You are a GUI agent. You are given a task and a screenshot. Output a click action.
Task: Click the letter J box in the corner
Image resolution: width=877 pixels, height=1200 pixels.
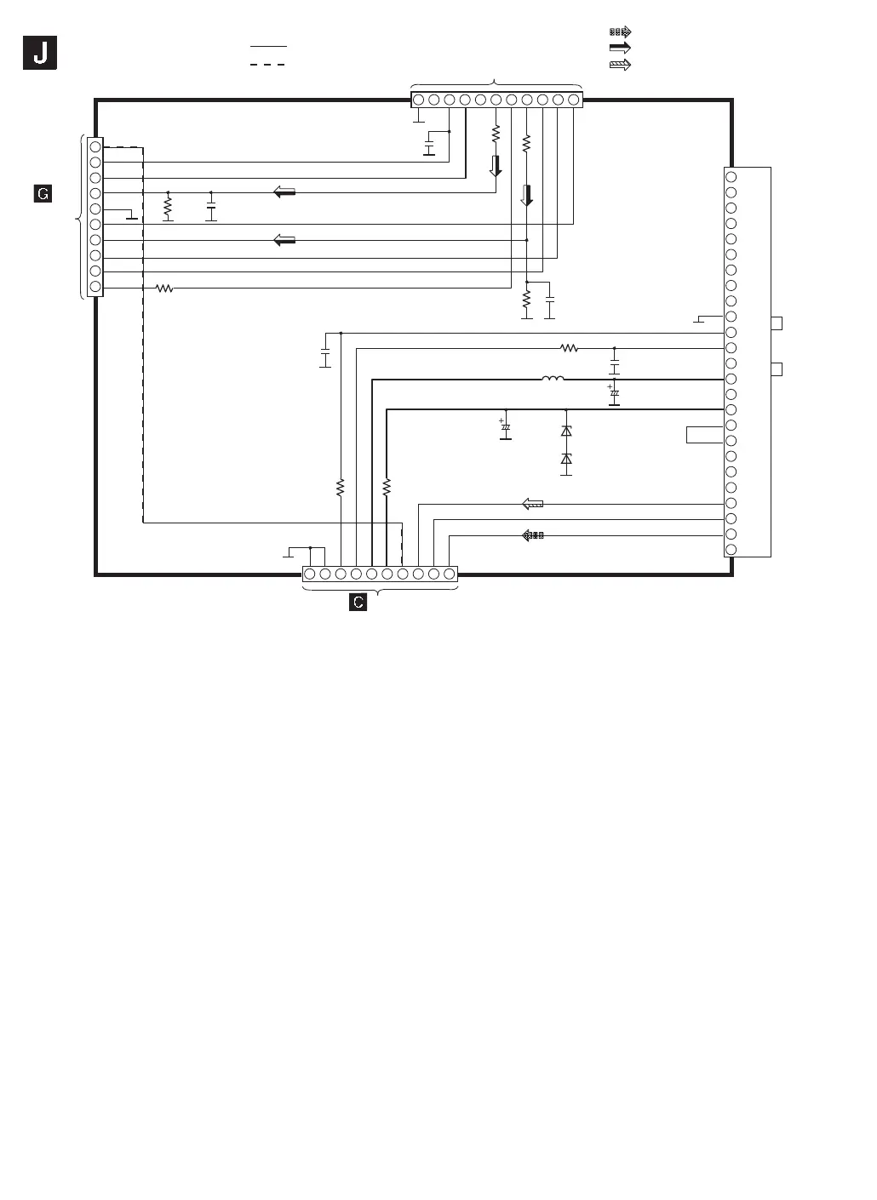tap(40, 54)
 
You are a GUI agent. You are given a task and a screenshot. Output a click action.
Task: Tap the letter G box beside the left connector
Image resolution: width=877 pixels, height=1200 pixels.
tap(42, 194)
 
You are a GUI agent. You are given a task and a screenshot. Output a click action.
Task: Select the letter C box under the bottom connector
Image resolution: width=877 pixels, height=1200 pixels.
tap(358, 602)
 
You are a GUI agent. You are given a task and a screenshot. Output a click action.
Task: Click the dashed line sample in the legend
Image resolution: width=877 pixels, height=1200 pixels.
tap(267, 65)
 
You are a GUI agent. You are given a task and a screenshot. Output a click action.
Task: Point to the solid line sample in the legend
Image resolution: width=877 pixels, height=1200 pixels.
tap(267, 46)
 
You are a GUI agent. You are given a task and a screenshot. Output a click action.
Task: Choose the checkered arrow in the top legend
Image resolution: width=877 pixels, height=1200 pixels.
tap(620, 31)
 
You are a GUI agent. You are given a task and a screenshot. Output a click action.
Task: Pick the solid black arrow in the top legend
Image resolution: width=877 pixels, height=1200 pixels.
tap(620, 48)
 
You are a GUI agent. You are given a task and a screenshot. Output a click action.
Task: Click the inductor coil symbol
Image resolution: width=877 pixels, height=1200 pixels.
tap(553, 379)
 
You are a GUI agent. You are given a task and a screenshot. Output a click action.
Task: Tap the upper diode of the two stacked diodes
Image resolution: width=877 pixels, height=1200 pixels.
tap(566, 431)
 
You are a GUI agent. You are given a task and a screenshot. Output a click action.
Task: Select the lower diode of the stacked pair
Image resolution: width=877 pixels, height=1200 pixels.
tap(566, 460)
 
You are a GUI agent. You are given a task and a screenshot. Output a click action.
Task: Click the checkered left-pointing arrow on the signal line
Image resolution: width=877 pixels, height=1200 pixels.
tap(532, 535)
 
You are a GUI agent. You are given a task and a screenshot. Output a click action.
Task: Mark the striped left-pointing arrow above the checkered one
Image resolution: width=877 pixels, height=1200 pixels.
tap(532, 504)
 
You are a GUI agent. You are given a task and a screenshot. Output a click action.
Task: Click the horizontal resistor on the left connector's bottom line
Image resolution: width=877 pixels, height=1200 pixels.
tap(164, 289)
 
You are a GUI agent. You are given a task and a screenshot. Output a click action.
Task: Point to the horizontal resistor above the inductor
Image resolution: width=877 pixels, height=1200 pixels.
tap(569, 348)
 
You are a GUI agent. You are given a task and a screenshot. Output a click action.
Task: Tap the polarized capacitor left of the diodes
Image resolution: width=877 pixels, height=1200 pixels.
tap(505, 429)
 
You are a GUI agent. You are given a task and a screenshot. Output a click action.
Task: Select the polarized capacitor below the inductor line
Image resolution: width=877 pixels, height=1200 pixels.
tap(614, 395)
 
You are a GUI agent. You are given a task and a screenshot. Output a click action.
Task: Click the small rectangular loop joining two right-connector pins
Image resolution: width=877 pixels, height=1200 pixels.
tap(704, 434)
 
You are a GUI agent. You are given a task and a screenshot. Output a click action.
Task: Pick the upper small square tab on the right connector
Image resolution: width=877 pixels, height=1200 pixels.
tap(776, 323)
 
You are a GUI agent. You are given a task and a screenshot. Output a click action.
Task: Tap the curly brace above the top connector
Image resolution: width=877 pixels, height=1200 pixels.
tap(496, 83)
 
